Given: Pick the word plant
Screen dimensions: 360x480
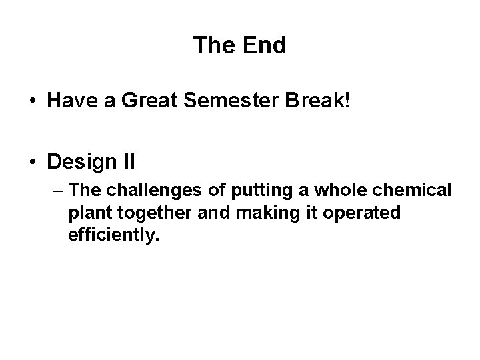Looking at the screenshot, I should click(x=86, y=213).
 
